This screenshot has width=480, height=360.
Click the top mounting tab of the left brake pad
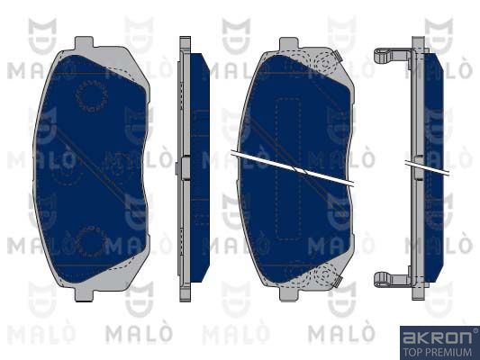coord(84,42)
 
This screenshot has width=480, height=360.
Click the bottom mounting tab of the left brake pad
coord(84,295)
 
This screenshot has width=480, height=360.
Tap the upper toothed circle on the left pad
coord(91,95)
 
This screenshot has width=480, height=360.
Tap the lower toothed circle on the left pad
coord(91,242)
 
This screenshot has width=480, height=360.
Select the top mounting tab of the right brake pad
coord(289,43)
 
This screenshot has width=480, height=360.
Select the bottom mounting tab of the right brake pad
coord(289,294)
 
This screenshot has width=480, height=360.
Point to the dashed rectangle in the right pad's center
coord(288,169)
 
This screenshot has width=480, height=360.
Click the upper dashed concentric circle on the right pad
coord(324,63)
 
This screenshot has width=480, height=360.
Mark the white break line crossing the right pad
coord(293,167)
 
